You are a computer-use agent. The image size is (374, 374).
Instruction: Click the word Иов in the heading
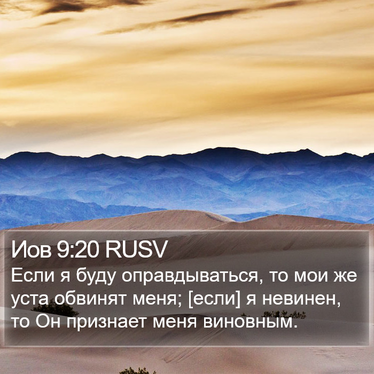coord(31,250)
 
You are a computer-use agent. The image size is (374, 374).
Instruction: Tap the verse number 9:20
coord(78,250)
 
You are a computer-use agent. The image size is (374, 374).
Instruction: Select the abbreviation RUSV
coord(136,250)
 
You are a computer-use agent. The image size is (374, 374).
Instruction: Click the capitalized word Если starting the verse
coord(33,275)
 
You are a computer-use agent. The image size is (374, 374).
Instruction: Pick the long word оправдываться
coord(190,277)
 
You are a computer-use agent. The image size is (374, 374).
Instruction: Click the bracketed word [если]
coord(214,299)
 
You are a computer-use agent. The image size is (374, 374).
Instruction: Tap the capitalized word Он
coord(48,321)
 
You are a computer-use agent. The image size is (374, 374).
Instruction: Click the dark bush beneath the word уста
coord(56,309)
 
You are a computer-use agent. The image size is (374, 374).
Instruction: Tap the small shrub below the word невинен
coord(284,314)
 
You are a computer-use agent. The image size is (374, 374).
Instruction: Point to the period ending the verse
coord(296,326)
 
